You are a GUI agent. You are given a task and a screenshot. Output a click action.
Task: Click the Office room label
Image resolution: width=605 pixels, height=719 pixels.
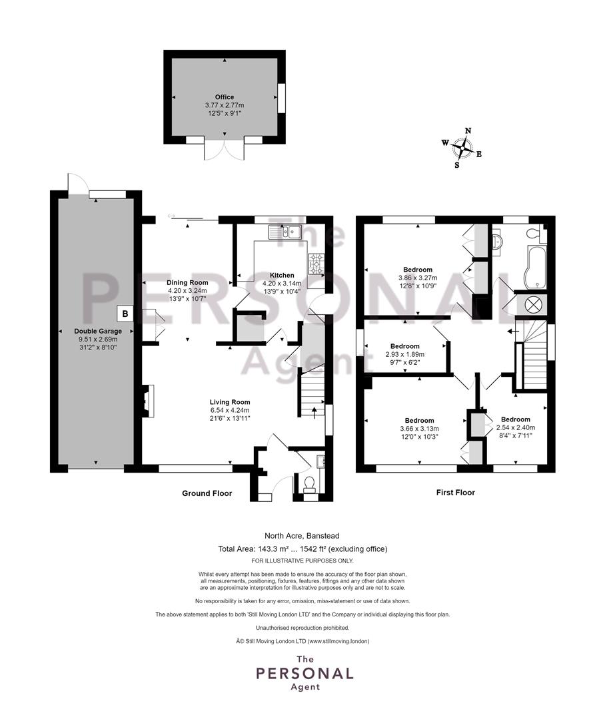click(x=225, y=97)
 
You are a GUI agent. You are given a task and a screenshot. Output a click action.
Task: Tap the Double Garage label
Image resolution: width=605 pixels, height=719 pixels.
click(x=98, y=331)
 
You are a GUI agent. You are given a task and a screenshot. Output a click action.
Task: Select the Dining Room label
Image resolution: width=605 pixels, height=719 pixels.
click(x=187, y=282)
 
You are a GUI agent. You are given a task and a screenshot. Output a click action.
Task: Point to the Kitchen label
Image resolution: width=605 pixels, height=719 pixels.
click(x=282, y=275)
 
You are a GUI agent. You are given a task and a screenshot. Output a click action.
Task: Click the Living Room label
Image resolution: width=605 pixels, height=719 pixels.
click(x=230, y=402)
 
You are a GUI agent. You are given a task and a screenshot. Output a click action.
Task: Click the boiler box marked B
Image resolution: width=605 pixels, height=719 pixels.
click(x=125, y=314)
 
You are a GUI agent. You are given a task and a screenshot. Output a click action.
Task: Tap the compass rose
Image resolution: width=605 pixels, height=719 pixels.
click(x=462, y=148)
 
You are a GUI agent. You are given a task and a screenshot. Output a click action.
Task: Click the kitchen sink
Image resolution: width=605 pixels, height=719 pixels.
click(x=285, y=232)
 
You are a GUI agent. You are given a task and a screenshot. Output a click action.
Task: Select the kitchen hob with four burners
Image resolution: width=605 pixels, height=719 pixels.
click(x=316, y=264)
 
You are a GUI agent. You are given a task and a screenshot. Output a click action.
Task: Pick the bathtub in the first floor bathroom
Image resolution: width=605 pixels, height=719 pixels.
click(x=535, y=268)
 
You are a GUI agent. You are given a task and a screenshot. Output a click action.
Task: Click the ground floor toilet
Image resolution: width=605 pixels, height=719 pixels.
click(x=309, y=484)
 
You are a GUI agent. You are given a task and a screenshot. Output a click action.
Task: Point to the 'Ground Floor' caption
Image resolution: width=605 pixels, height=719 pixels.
click(x=207, y=493)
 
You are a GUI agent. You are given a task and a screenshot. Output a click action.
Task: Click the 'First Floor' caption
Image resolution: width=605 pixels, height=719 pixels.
click(x=455, y=493)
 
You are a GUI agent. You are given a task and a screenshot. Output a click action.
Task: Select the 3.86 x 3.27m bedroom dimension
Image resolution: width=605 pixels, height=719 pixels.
click(x=418, y=278)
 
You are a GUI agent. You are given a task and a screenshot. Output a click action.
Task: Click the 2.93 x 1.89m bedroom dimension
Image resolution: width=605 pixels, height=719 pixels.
click(x=405, y=354)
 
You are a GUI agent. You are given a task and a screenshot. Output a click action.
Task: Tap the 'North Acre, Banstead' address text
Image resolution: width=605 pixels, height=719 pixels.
click(x=302, y=535)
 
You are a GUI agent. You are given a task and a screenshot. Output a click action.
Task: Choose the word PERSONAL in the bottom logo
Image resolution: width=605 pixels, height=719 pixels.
click(x=304, y=674)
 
